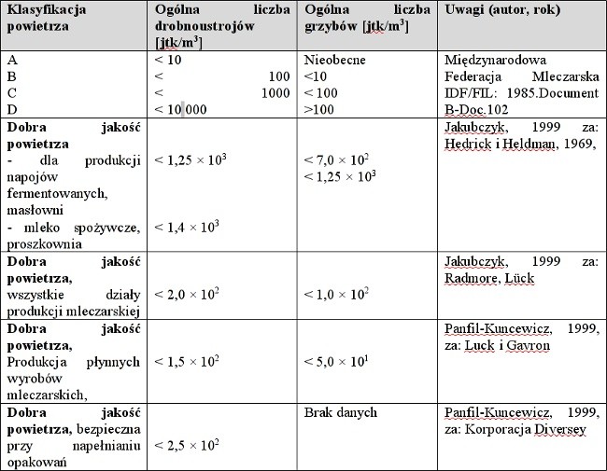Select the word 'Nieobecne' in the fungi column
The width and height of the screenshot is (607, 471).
[x=334, y=60]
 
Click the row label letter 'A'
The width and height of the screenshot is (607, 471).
[x=12, y=60]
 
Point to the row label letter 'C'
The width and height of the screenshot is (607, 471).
[x=12, y=93]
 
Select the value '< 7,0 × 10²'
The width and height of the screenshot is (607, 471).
[x=338, y=160]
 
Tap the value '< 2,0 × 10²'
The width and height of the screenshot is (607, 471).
[x=187, y=293]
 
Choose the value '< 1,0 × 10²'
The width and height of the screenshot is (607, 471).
[x=337, y=293]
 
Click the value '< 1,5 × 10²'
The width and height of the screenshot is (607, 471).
[x=187, y=360]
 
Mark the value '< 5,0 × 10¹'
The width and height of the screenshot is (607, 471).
[x=337, y=360]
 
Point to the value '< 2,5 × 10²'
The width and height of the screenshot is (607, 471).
[x=187, y=443]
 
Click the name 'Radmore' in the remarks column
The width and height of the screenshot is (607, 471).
[x=475, y=276]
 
